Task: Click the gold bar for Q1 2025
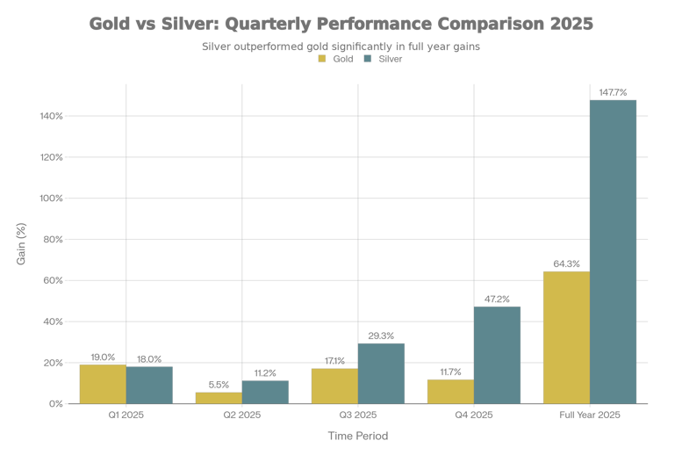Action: click(x=103, y=384)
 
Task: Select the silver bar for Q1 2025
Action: click(x=149, y=385)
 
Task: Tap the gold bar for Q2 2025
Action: click(x=219, y=398)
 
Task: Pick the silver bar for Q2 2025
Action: click(x=265, y=392)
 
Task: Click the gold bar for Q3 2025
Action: click(x=334, y=386)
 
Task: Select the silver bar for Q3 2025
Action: click(x=381, y=373)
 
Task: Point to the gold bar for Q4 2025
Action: click(x=450, y=392)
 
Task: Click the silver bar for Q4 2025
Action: click(x=497, y=355)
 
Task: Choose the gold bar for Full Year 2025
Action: click(x=566, y=337)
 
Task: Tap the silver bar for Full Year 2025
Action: click(x=613, y=251)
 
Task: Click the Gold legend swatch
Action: click(x=322, y=59)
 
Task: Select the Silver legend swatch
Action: click(x=368, y=59)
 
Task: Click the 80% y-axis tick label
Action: click(x=53, y=239)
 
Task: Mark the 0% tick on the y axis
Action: click(x=55, y=404)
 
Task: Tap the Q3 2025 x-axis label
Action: click(x=357, y=415)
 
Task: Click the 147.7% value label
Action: click(x=613, y=91)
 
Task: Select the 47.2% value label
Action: click(x=497, y=298)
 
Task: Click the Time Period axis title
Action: click(x=357, y=436)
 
